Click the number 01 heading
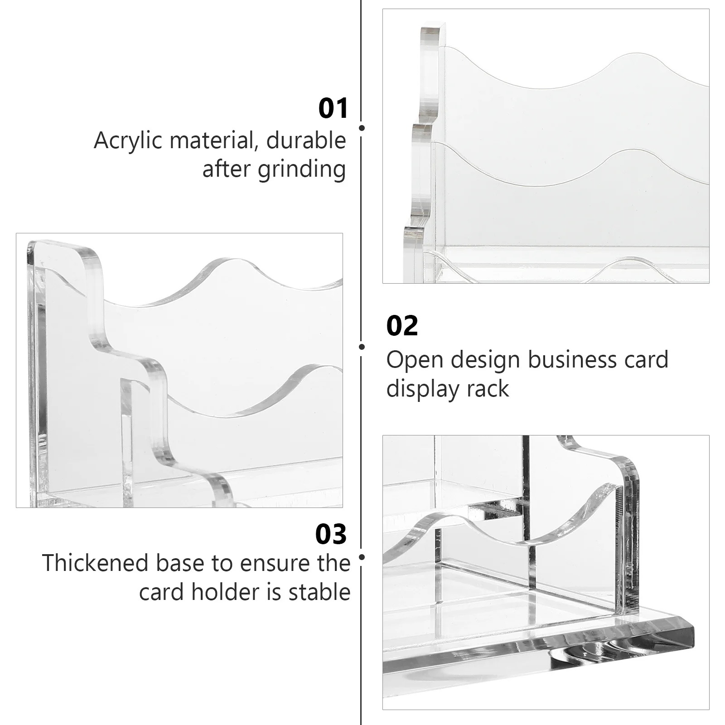(333, 109)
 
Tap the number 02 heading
(402, 326)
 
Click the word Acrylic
(128, 141)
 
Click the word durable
(306, 140)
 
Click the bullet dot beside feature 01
(362, 128)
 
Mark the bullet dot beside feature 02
(362, 347)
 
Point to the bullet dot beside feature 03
(362, 557)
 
